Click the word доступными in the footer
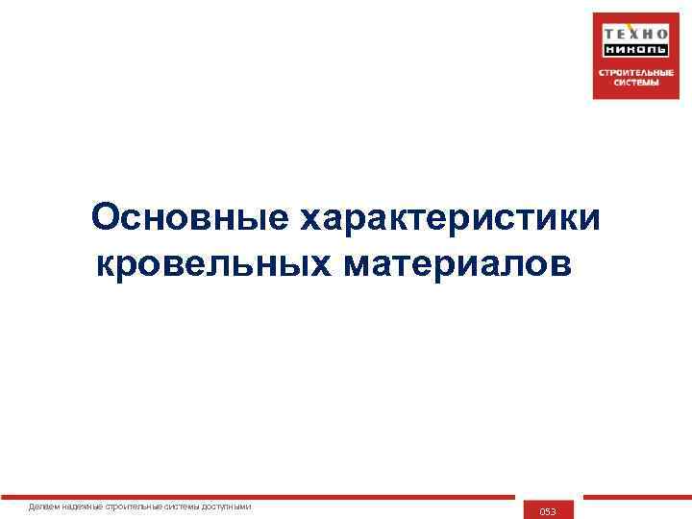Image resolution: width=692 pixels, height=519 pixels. (231, 507)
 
